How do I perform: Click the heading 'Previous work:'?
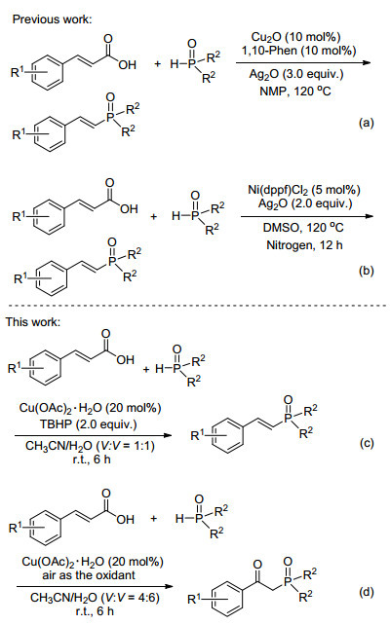click(53, 19)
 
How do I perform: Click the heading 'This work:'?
click(33, 321)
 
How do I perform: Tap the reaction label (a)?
click(366, 123)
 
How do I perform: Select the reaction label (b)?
click(366, 271)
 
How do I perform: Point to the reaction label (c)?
click(366, 443)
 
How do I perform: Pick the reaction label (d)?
click(366, 592)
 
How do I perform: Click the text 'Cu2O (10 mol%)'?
click(295, 37)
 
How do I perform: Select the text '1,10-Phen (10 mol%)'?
click(298, 51)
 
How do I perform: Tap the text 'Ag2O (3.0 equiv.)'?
click(296, 74)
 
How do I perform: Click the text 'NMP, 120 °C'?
click(295, 92)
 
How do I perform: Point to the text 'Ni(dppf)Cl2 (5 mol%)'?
click(304, 189)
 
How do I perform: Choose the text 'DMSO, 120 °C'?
click(303, 228)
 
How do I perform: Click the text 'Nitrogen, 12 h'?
click(304, 244)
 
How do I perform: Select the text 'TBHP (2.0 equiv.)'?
click(88, 423)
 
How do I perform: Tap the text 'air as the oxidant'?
click(89, 574)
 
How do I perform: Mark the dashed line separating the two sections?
click(195, 306)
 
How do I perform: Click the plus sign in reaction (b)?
click(154, 216)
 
